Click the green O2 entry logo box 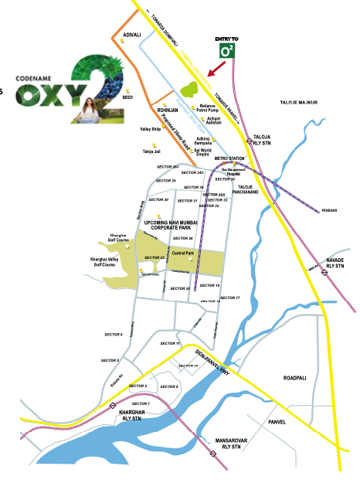tap(227, 51)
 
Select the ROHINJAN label tap(168, 111)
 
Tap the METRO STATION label tap(229, 158)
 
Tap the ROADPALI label tap(297, 379)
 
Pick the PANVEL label tap(277, 422)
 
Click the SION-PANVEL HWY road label tap(212, 362)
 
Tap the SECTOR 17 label tap(230, 298)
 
